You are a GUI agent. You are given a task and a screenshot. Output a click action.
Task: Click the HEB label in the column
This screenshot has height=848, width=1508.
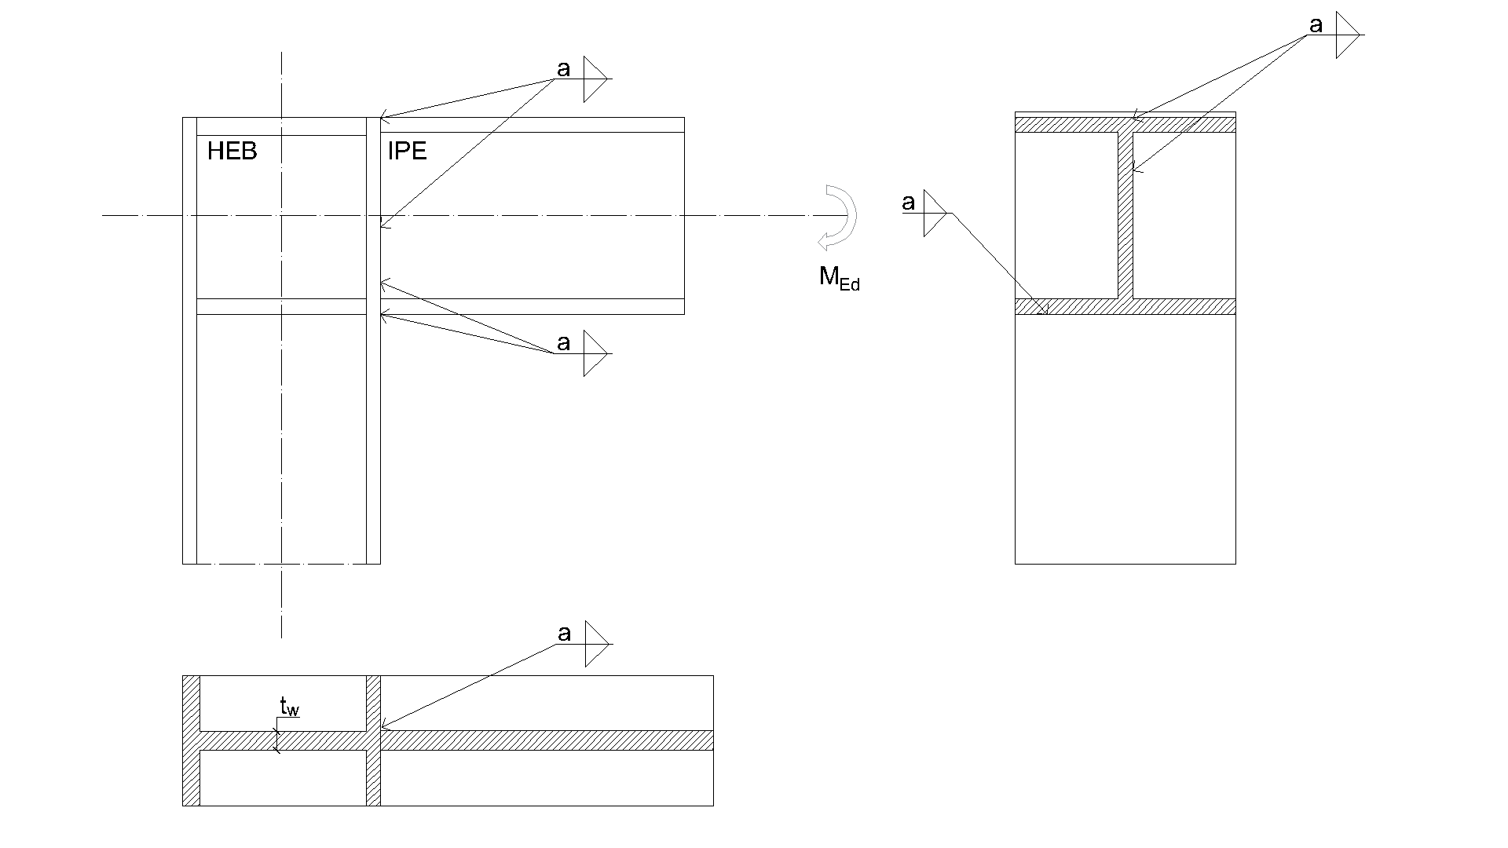coord(232,151)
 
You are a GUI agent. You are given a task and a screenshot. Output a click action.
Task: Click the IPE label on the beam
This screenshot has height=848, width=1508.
coord(407,151)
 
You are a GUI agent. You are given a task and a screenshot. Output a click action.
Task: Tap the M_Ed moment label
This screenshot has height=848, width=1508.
coord(839,278)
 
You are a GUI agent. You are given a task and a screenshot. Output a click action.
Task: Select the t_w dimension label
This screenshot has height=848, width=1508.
coord(289,707)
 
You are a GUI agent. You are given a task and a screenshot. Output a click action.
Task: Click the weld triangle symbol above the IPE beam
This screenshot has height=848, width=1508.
coord(594,79)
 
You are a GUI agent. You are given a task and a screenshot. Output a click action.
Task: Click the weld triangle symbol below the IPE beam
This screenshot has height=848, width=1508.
coord(595,353)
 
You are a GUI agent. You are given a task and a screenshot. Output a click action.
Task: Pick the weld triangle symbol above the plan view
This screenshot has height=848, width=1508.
coord(595,644)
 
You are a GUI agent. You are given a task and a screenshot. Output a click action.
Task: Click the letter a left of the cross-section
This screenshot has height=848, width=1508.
coord(909,203)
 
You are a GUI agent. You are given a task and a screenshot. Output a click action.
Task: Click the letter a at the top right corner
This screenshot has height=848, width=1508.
coord(1316,26)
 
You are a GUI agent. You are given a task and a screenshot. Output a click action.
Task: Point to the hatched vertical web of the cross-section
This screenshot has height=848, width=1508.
coord(1126,216)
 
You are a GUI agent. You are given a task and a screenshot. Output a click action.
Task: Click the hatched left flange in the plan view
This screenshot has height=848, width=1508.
coord(191,740)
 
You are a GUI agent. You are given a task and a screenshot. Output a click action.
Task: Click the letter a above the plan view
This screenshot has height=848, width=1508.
coord(564,634)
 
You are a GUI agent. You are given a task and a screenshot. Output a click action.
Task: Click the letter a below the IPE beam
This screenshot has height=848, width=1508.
coord(563,343)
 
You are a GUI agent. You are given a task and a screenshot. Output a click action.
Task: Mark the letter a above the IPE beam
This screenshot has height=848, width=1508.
coord(563,69)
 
